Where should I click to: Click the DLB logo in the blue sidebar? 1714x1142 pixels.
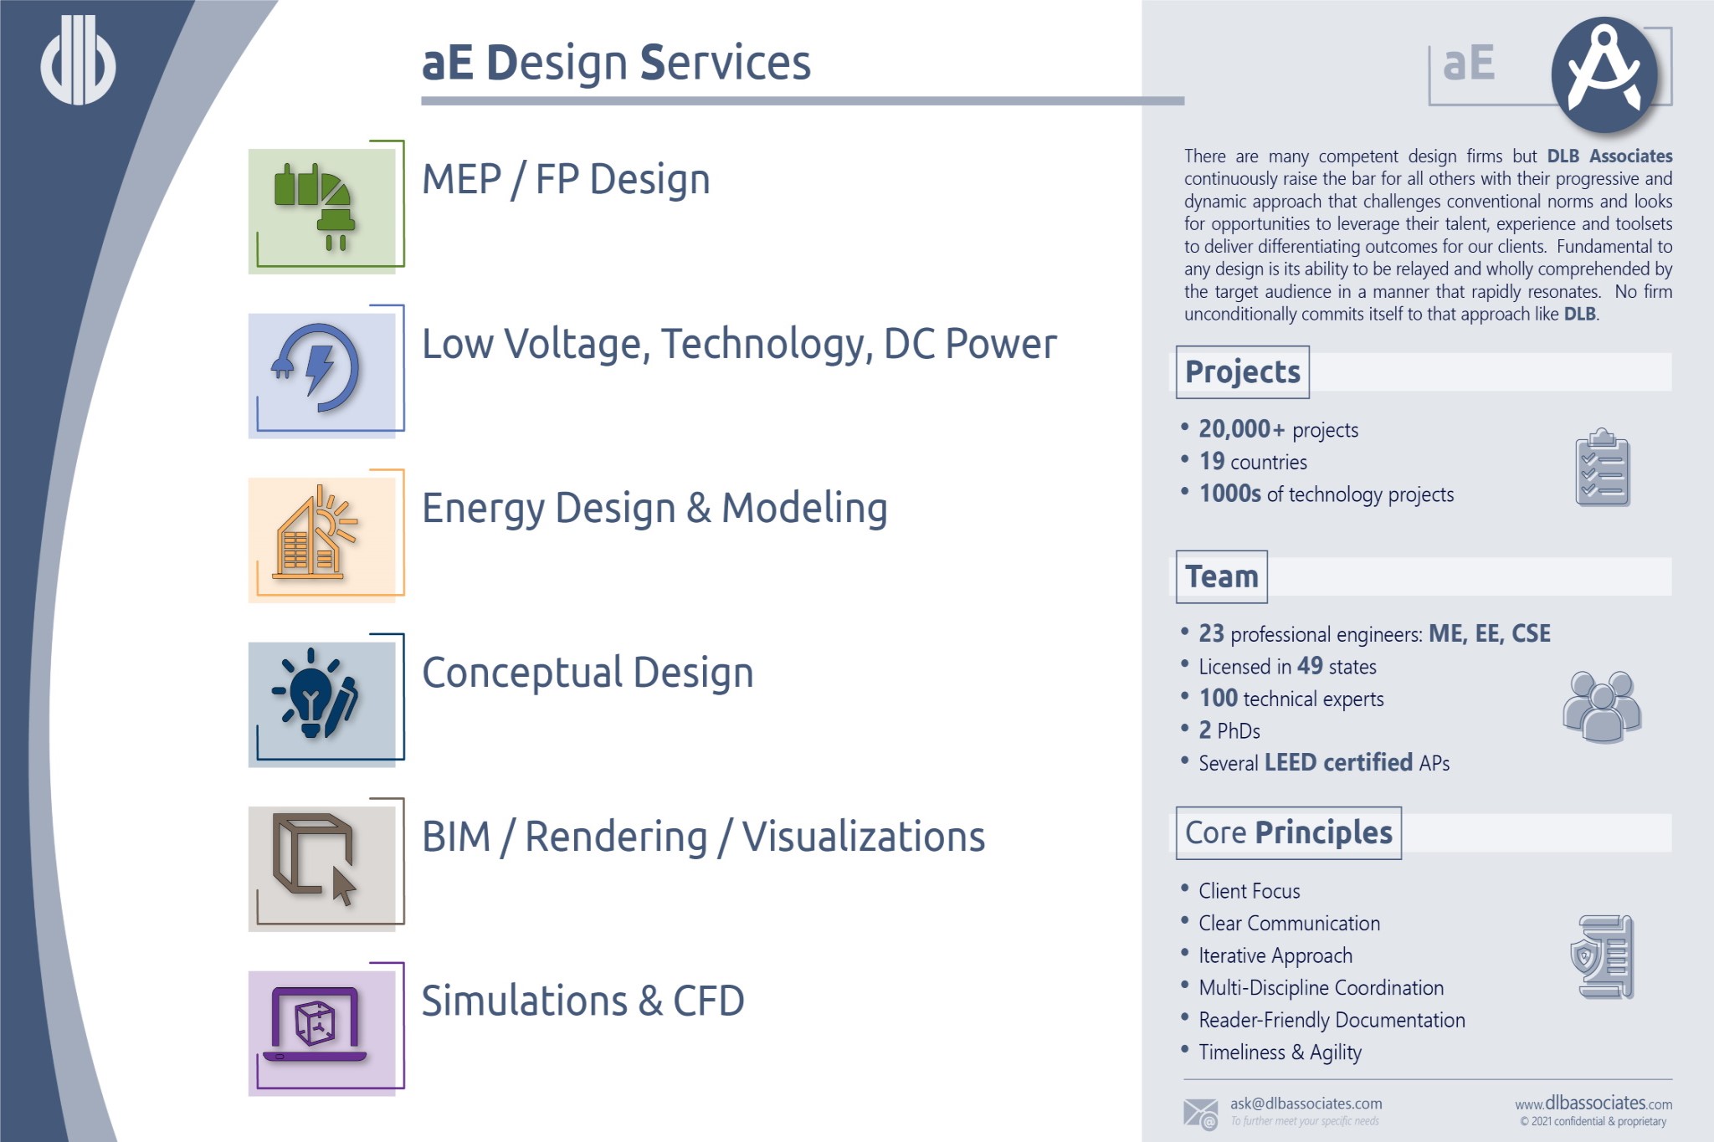click(x=78, y=61)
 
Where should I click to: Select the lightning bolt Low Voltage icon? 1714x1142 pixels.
click(x=316, y=369)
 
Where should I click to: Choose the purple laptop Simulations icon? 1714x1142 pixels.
click(x=315, y=1025)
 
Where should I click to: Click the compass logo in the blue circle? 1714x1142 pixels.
click(x=1604, y=74)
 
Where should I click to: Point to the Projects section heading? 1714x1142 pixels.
click(x=1242, y=371)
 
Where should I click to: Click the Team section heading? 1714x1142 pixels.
click(x=1221, y=576)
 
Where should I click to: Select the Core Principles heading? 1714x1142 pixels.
click(x=1288, y=832)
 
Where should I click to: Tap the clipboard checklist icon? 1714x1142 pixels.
click(x=1602, y=469)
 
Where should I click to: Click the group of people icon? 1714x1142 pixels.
click(x=1602, y=706)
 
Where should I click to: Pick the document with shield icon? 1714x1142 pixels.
click(x=1602, y=956)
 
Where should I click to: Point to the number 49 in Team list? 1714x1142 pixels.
click(x=1310, y=666)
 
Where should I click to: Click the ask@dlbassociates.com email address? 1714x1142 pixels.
click(x=1306, y=1104)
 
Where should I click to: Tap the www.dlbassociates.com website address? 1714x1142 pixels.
click(x=1593, y=1104)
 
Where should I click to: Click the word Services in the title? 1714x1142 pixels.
click(x=725, y=63)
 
